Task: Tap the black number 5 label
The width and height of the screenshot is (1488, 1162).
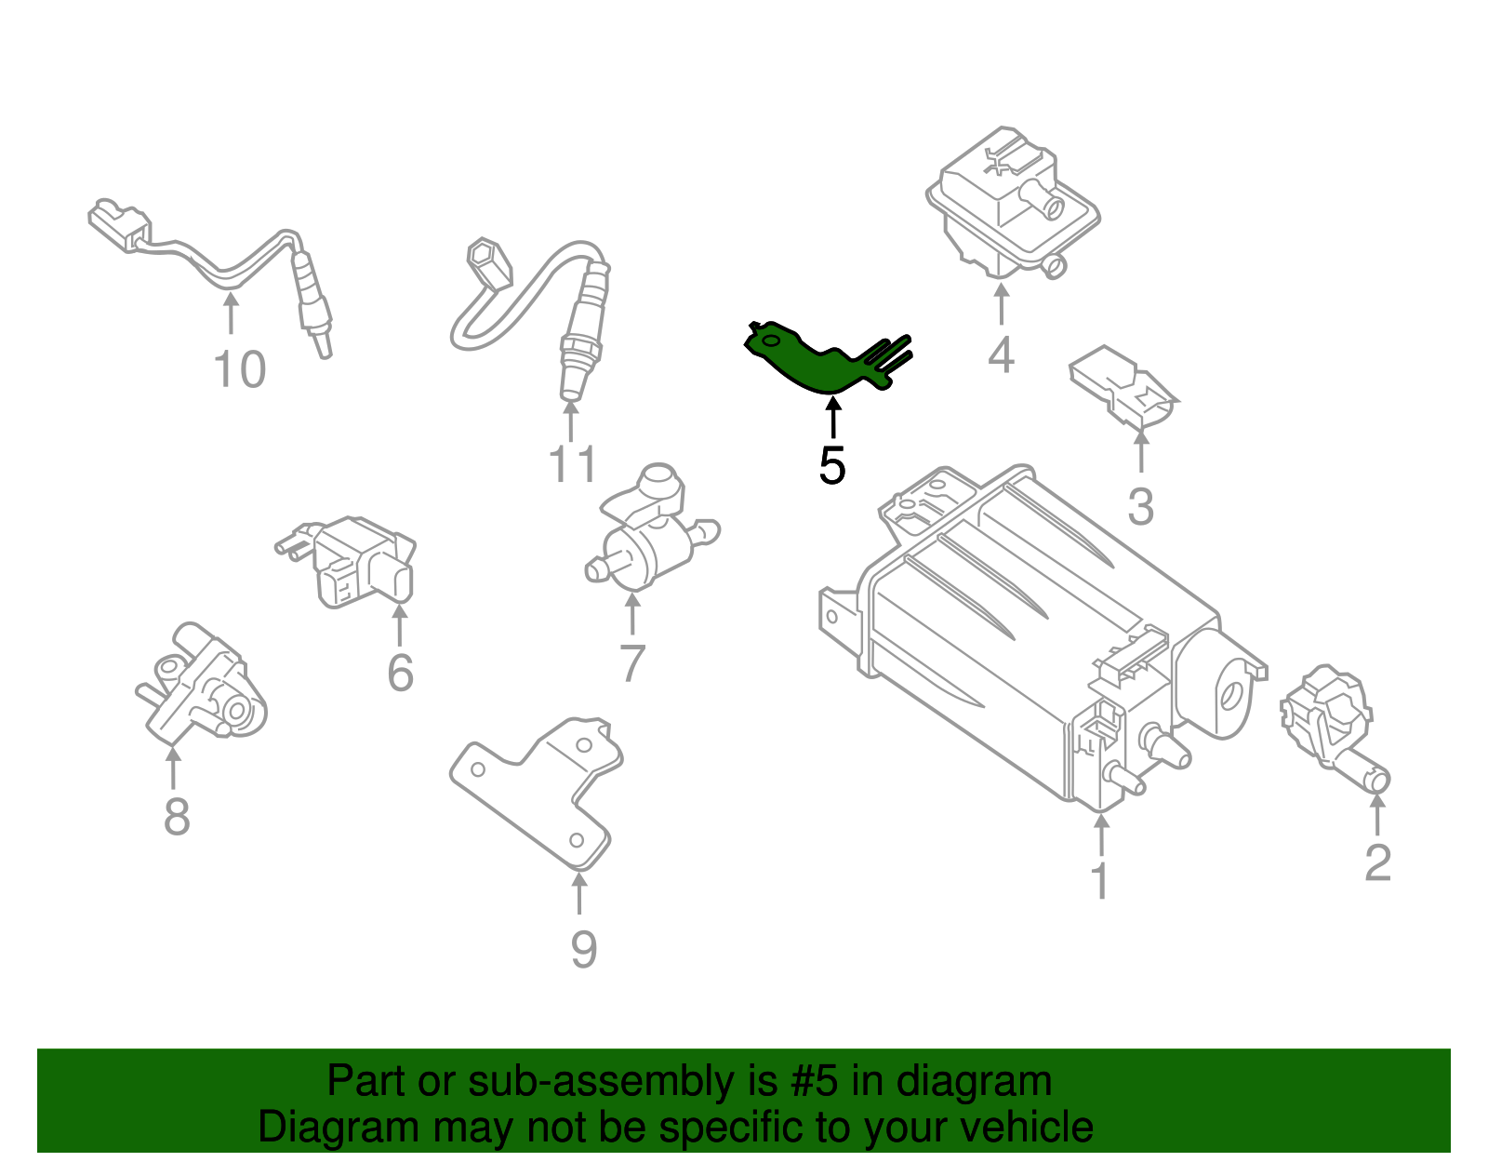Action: pos(831,465)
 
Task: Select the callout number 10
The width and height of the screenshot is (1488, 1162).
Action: pos(240,369)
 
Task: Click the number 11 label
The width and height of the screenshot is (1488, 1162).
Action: pos(572,463)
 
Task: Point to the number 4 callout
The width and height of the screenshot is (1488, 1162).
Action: pos(1000,354)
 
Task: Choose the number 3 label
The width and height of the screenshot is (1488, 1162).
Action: pos(1140,507)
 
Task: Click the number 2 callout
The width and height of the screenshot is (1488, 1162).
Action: pos(1377,862)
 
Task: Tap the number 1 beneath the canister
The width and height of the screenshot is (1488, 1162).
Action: pos(1100,880)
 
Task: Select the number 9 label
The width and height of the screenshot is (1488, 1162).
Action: pos(582,949)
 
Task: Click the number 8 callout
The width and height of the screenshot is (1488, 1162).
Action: pos(177,818)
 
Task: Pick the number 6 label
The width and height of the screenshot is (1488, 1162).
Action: pos(400,673)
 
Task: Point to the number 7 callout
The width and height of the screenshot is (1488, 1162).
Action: pos(632,663)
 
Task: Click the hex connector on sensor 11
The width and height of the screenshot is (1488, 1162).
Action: pos(487,263)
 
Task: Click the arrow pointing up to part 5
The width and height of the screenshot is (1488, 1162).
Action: pos(832,418)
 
